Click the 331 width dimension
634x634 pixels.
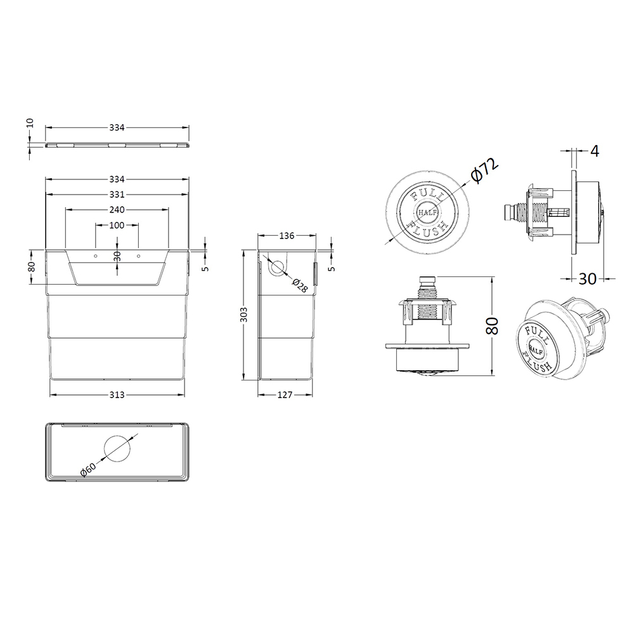coord(117,194)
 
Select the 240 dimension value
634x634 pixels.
coord(117,210)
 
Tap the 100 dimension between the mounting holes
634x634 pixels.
coord(117,226)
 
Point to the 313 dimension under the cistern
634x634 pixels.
coord(117,394)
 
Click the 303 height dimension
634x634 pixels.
coord(244,314)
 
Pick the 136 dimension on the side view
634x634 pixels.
coord(286,236)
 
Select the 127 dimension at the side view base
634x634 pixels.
coord(285,394)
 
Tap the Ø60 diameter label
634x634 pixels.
coord(88,470)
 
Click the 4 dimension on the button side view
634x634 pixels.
coord(594,151)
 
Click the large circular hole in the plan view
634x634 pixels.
coord(117,450)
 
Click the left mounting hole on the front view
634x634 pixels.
coord(96,256)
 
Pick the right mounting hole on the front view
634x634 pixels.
coord(138,256)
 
